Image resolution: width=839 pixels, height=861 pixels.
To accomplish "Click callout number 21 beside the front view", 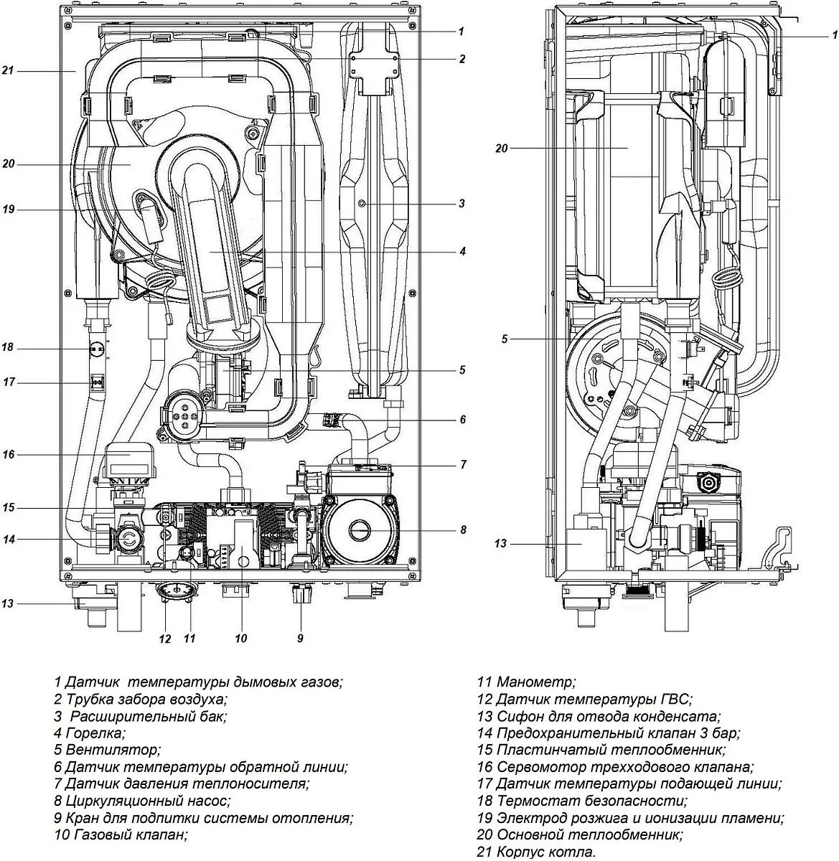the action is click(x=8, y=70).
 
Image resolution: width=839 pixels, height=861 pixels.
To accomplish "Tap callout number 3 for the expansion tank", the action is click(x=462, y=204).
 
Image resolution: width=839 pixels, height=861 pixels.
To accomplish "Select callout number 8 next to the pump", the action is click(x=463, y=530).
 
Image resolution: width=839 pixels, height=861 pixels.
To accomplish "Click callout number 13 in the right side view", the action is click(x=500, y=543).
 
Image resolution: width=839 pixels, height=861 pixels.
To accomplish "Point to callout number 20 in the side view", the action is click(x=502, y=149).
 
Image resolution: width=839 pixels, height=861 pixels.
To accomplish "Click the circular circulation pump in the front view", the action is click(x=362, y=530).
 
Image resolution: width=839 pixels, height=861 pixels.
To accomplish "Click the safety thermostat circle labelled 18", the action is click(x=96, y=348).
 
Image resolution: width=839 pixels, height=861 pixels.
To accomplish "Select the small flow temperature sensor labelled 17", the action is click(x=97, y=381).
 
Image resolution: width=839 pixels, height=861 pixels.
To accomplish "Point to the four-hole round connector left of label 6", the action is click(x=183, y=416).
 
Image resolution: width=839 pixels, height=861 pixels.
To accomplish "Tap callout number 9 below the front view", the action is click(x=300, y=639).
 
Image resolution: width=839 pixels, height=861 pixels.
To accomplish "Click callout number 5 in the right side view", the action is click(x=505, y=339).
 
